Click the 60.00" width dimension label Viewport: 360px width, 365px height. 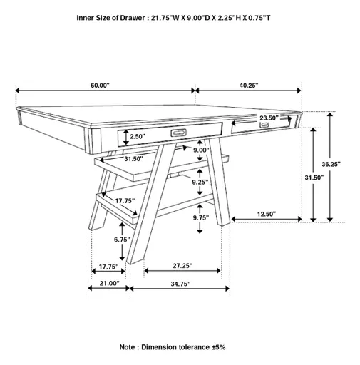(100, 85)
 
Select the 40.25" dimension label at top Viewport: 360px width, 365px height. (249, 85)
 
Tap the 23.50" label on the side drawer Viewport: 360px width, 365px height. (269, 118)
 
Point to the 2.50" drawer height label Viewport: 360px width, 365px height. (137, 135)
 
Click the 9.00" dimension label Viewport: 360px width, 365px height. (201, 150)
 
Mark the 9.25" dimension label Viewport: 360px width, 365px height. (200, 182)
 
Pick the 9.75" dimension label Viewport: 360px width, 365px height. (201, 217)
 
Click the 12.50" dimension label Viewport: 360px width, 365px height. (267, 214)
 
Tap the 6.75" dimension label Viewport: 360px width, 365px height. (122, 240)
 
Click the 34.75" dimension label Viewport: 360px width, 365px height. (181, 283)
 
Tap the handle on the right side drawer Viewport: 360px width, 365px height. (265, 126)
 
